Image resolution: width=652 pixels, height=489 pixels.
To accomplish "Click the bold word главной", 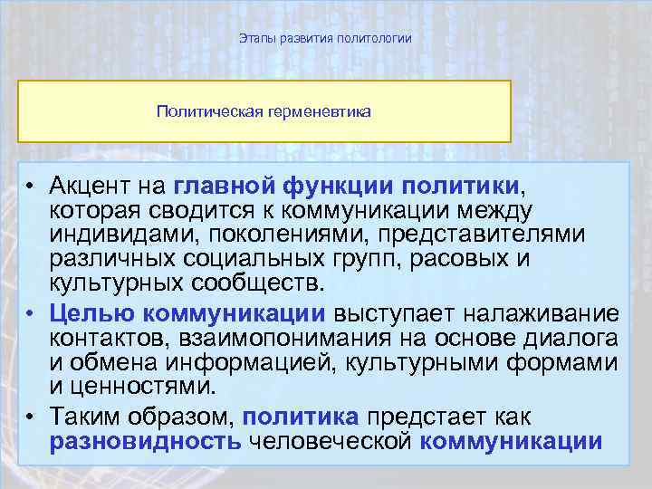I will pos(224,187).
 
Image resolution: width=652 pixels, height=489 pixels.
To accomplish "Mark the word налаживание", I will pos(542,314).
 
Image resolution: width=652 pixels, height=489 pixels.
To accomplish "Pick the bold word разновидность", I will pos(145,441).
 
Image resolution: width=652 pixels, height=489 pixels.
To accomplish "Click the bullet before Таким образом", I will pos(30,418).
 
